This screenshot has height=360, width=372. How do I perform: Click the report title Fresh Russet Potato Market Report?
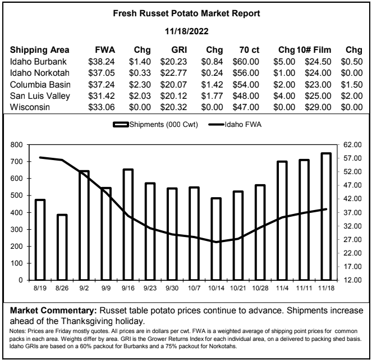click(186, 13)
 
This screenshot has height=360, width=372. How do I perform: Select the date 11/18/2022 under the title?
click(187, 31)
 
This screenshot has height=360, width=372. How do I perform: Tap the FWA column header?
click(105, 50)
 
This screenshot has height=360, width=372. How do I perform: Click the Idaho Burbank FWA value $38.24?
click(102, 62)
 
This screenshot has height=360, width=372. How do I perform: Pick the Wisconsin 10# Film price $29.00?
click(318, 107)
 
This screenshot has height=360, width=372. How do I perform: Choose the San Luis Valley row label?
click(40, 96)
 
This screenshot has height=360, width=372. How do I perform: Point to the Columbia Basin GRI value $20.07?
click(174, 85)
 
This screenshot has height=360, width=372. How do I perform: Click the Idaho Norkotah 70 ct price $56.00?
click(246, 73)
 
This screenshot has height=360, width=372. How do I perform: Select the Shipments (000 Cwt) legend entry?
click(155, 125)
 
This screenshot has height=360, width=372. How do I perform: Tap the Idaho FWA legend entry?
click(235, 125)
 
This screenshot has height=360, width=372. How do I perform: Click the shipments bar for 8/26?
click(62, 247)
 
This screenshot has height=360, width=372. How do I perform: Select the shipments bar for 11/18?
click(326, 217)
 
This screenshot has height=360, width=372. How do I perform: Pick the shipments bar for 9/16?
click(128, 225)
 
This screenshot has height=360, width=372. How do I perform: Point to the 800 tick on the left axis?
click(16, 144)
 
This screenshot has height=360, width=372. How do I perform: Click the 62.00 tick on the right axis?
click(352, 144)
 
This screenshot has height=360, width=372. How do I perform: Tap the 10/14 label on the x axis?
click(216, 288)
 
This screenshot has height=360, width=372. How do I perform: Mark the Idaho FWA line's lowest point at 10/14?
click(216, 242)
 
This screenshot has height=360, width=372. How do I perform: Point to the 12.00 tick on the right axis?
click(352, 280)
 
